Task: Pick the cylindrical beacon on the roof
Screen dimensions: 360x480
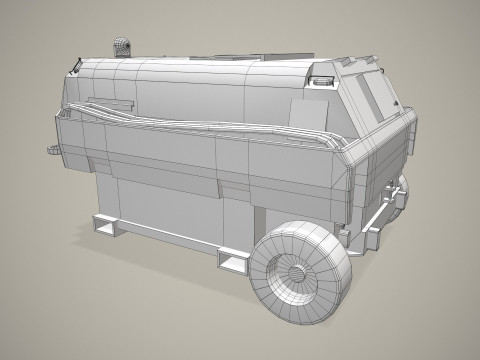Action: (121, 47)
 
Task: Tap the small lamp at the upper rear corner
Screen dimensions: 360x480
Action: (325, 78)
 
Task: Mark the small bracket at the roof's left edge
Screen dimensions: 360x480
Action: (75, 68)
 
